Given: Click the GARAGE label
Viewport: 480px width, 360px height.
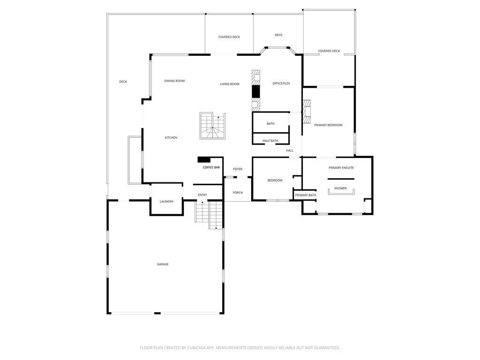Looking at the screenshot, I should pyautogui.click(x=163, y=264).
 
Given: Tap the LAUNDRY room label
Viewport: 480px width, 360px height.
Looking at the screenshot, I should pyautogui.click(x=166, y=202).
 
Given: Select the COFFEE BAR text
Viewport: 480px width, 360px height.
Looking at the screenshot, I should pyautogui.click(x=211, y=167).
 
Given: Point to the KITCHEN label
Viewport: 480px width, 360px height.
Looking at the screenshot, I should pyautogui.click(x=171, y=137).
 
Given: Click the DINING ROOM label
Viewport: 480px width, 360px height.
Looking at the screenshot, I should pyautogui.click(x=174, y=81).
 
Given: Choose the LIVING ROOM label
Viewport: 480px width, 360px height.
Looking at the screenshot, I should pyautogui.click(x=230, y=84).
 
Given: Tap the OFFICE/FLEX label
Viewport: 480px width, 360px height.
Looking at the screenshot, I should pyautogui.click(x=281, y=83).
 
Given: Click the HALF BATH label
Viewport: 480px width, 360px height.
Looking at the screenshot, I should pyautogui.click(x=270, y=141).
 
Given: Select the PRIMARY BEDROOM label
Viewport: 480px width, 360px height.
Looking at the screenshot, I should pyautogui.click(x=328, y=125).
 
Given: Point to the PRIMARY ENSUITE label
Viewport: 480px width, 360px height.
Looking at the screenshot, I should pyautogui.click(x=341, y=167).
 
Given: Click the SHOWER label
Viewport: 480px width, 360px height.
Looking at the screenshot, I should pyautogui.click(x=340, y=188).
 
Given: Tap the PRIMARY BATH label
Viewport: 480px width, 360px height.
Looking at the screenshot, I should pyautogui.click(x=306, y=195).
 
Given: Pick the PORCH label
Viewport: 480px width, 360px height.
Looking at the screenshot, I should pyautogui.click(x=238, y=192).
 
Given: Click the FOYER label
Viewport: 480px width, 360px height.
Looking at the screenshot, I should pyautogui.click(x=238, y=169).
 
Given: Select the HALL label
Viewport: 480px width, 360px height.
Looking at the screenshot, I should pyautogui.click(x=290, y=150).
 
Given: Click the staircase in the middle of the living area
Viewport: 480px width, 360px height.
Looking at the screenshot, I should pyautogui.click(x=212, y=126).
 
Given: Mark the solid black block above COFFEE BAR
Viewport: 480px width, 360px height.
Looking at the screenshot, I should pyautogui.click(x=204, y=159).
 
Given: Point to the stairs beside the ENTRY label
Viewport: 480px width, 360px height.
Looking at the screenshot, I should pyautogui.click(x=209, y=214).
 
